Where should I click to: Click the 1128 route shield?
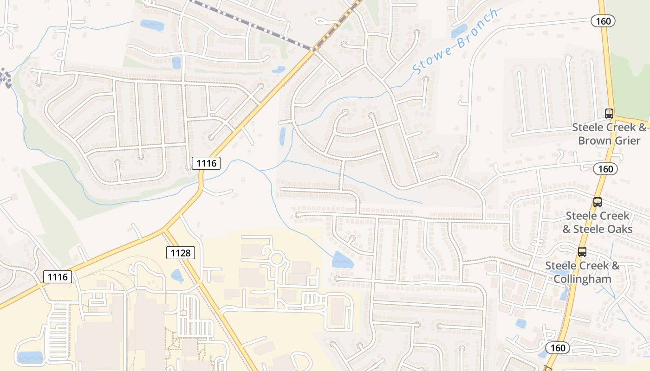181,253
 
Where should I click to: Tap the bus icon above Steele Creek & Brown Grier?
609,113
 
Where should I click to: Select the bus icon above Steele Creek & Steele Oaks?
597,202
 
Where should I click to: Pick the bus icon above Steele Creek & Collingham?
582,251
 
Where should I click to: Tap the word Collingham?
582,279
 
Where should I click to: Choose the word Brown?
595,140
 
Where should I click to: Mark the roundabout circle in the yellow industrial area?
277,258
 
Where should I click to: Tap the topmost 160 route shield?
603,21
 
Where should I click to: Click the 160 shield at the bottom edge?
557,348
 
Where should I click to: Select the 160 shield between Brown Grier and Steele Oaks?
605,169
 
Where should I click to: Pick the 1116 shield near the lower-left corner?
58,277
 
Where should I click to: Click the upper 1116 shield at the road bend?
206,163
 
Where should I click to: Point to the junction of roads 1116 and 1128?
164,230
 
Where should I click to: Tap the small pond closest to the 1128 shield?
177,276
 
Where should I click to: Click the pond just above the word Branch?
459,31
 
